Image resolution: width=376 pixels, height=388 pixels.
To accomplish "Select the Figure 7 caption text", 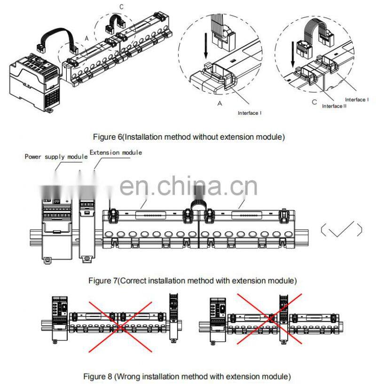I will pos(193,281).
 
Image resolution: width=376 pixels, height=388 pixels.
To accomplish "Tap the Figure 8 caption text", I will pos(187,376).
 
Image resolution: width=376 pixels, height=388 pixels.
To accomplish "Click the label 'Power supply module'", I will pos(56,156).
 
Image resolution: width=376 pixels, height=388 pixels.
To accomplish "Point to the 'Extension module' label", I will pos(116,153).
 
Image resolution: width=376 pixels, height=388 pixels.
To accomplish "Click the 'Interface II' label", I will pos(334,106).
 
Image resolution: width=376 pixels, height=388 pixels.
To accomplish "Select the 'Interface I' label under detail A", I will pos(250,113).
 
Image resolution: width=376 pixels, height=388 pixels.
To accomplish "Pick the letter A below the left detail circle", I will pos(219,104).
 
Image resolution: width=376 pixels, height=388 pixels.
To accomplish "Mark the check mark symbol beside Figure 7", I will pos(341,230).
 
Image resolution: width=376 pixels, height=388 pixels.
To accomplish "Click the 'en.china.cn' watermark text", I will pos(188,186).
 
